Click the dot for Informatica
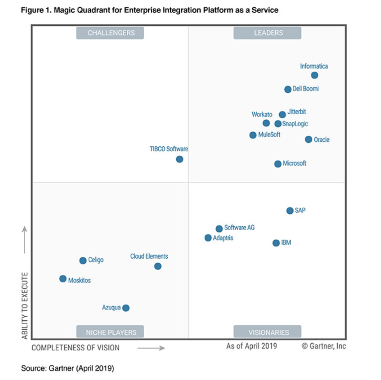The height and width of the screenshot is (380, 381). (314, 75)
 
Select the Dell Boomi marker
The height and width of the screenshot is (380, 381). (288, 89)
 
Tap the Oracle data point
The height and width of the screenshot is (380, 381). (308, 139)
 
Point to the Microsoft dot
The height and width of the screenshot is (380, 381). (278, 164)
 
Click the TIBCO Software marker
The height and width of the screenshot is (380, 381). (179, 159)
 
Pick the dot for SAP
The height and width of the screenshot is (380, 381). (290, 211)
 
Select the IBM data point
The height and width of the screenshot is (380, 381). (276, 243)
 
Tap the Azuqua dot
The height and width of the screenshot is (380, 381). (126, 308)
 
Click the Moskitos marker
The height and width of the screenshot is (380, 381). (63, 279)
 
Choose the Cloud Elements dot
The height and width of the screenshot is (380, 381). (158, 266)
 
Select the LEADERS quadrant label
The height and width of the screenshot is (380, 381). (268, 33)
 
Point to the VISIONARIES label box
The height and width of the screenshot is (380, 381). (268, 332)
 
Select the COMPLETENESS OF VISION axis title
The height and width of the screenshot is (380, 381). (76, 348)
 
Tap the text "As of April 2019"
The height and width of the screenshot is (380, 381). (252, 346)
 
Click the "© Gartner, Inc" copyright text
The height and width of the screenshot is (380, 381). (324, 346)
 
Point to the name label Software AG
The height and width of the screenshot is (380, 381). (239, 227)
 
